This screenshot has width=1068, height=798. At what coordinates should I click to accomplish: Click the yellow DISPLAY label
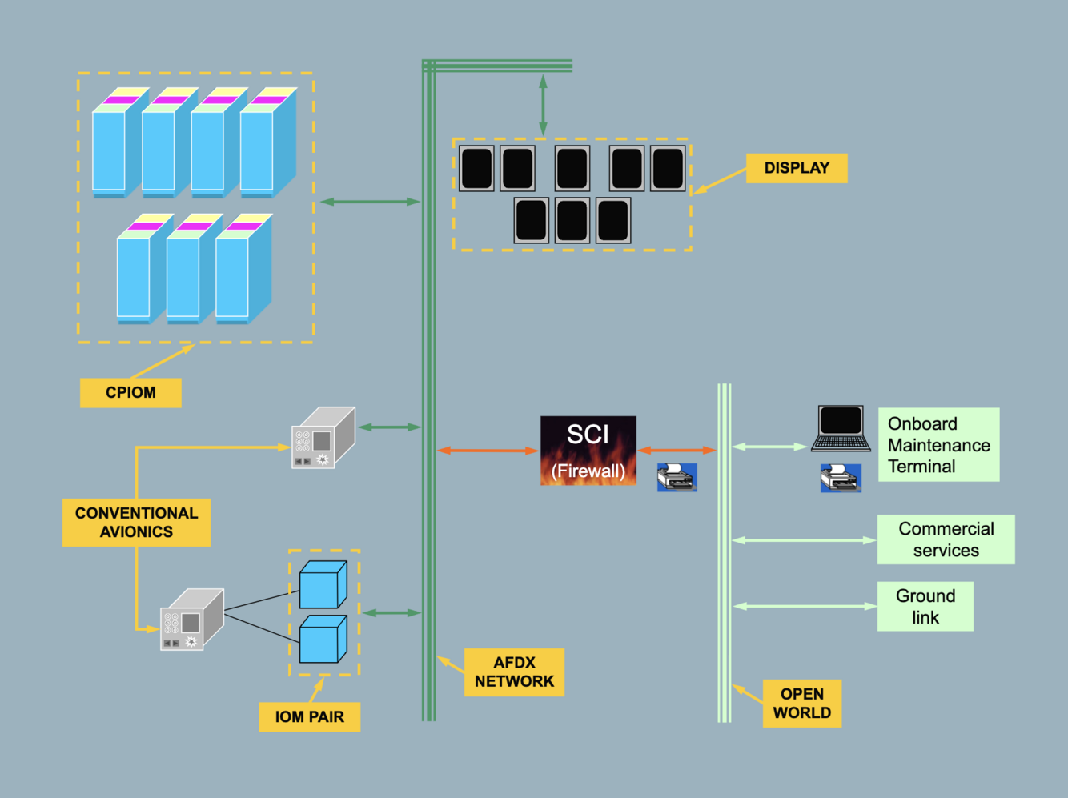[x=796, y=168]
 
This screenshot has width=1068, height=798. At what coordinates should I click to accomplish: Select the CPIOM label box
[x=130, y=393]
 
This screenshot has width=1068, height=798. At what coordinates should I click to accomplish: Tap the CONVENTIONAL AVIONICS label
[x=136, y=523]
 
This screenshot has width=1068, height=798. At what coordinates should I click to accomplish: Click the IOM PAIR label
[x=309, y=716]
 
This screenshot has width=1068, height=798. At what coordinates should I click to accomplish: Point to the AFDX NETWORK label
[x=514, y=672]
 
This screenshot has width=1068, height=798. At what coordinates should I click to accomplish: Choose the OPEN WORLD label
[x=801, y=704]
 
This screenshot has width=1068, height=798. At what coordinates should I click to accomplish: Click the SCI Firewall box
[x=588, y=451]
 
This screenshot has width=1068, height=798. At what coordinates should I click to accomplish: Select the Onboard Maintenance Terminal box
[x=938, y=445]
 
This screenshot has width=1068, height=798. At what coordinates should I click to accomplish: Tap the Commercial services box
[x=946, y=539]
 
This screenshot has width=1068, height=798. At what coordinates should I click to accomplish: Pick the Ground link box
[x=925, y=607]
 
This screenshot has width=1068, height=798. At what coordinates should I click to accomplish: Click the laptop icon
[x=841, y=430]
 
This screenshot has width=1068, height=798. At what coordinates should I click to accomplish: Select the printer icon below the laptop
[x=841, y=478]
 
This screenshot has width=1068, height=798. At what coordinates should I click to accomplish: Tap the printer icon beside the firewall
[x=677, y=477]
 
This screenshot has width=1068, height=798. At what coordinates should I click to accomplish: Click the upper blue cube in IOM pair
[x=323, y=585]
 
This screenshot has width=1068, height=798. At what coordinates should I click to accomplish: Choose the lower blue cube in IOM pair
[x=323, y=640]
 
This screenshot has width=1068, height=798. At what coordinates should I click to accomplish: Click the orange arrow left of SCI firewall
[x=488, y=451]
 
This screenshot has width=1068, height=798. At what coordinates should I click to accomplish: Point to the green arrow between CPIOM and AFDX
[x=370, y=202]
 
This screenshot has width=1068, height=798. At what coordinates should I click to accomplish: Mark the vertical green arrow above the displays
[x=543, y=105]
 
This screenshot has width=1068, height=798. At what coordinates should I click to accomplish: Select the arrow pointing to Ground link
[x=804, y=607]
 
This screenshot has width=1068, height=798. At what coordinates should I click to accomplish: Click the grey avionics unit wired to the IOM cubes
[x=191, y=620]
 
